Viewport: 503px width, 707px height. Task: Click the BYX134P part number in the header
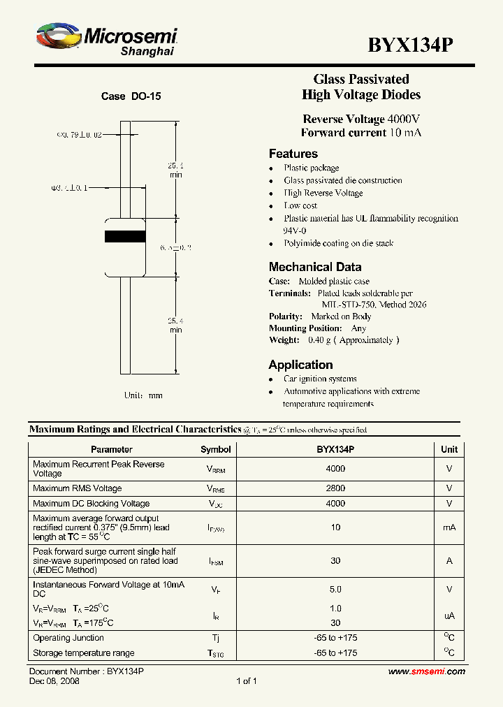tap(411, 45)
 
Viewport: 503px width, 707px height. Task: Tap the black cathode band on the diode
tap(125, 235)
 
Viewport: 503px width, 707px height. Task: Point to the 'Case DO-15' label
tap(131, 96)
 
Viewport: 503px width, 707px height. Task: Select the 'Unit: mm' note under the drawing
tap(143, 395)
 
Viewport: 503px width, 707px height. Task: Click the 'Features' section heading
tap(293, 154)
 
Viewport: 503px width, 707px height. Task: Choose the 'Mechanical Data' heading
tap(315, 267)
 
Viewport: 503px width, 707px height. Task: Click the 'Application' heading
tap(300, 365)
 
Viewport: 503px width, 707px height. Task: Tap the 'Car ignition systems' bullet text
tap(320, 379)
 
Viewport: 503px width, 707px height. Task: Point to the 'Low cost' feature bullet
tap(300, 206)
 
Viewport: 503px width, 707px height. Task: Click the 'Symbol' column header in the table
tap(215, 449)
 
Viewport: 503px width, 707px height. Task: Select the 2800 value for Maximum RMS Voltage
tap(335, 488)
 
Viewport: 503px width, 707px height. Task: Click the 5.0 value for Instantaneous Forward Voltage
tap(335, 589)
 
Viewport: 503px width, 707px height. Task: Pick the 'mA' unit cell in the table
tap(449, 527)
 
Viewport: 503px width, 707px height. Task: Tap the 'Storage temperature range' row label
tap(84, 653)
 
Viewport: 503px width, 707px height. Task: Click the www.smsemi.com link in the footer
tap(426, 671)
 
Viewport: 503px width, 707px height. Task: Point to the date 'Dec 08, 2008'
tap(54, 681)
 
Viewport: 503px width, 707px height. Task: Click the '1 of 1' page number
tap(247, 681)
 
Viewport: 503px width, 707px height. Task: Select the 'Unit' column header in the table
tap(449, 449)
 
